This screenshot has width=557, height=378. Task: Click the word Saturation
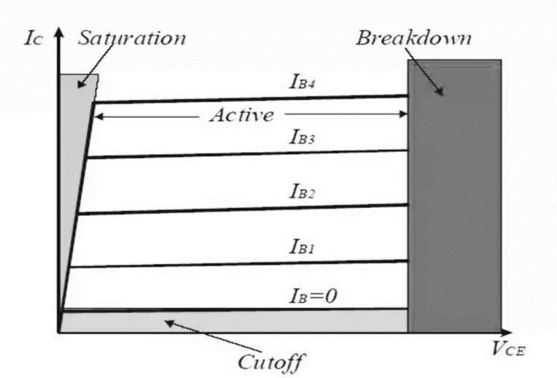132,38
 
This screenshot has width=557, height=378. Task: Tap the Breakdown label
414,38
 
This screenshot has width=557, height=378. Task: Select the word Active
242,115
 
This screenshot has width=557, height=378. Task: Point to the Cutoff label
272,363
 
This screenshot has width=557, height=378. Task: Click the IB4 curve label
302,82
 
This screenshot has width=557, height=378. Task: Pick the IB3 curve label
302,137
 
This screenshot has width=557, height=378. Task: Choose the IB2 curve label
302,192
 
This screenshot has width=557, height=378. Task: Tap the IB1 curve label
302,247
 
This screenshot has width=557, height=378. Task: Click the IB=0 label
313,296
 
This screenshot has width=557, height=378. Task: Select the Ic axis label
34,39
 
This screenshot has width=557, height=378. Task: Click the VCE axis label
508,349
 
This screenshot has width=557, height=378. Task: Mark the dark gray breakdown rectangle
455,196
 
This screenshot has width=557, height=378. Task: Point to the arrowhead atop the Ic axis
59,31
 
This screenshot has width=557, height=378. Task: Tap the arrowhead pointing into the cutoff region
169,323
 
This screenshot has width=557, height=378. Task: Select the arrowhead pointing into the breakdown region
439,91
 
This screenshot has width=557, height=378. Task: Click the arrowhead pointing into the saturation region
81,84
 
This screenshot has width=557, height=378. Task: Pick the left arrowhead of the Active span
99,116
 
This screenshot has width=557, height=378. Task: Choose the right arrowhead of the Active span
404,114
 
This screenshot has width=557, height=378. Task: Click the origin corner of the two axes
59,332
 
